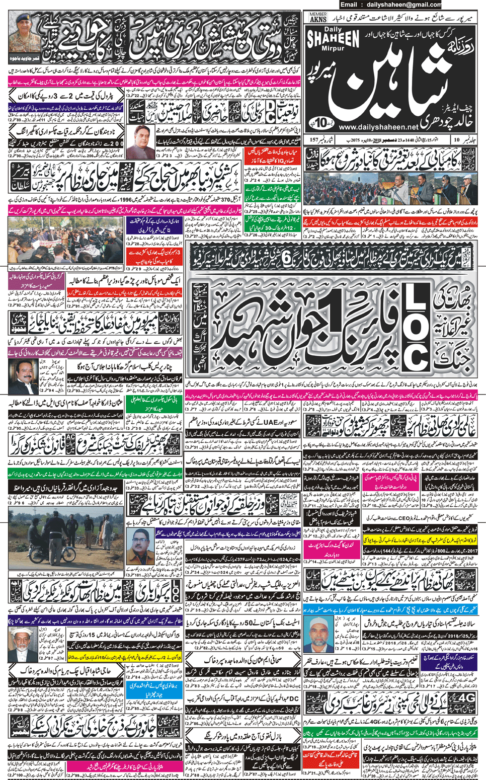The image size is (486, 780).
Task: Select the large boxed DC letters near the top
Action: (271, 109)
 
